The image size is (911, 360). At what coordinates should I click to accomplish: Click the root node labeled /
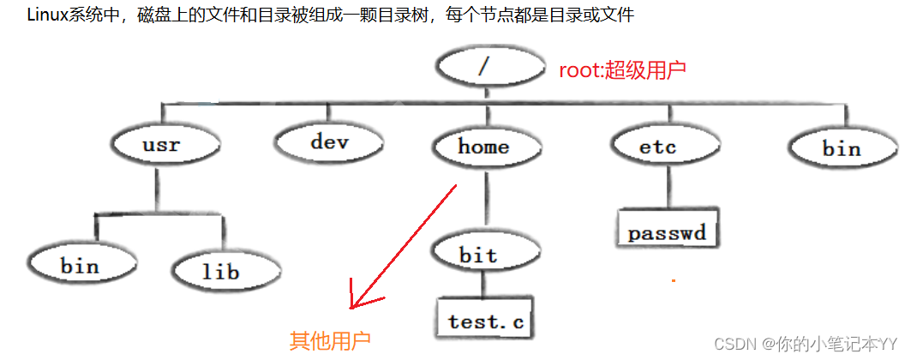(x=489, y=67)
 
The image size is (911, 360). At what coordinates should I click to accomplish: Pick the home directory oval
(x=483, y=147)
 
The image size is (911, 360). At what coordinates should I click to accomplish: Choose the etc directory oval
(x=658, y=147)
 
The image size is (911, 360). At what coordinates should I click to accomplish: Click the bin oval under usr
(x=80, y=266)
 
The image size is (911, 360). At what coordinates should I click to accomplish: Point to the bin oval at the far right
(x=841, y=148)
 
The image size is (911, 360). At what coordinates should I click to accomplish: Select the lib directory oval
(x=220, y=272)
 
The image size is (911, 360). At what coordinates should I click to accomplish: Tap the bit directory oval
(x=478, y=255)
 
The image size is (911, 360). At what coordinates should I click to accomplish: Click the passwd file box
(x=666, y=232)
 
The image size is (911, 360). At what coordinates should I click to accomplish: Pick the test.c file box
(x=485, y=321)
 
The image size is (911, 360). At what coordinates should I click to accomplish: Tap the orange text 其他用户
(x=330, y=341)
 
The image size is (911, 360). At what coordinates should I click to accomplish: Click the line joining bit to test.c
(x=481, y=285)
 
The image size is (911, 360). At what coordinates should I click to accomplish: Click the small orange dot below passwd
(x=674, y=279)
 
